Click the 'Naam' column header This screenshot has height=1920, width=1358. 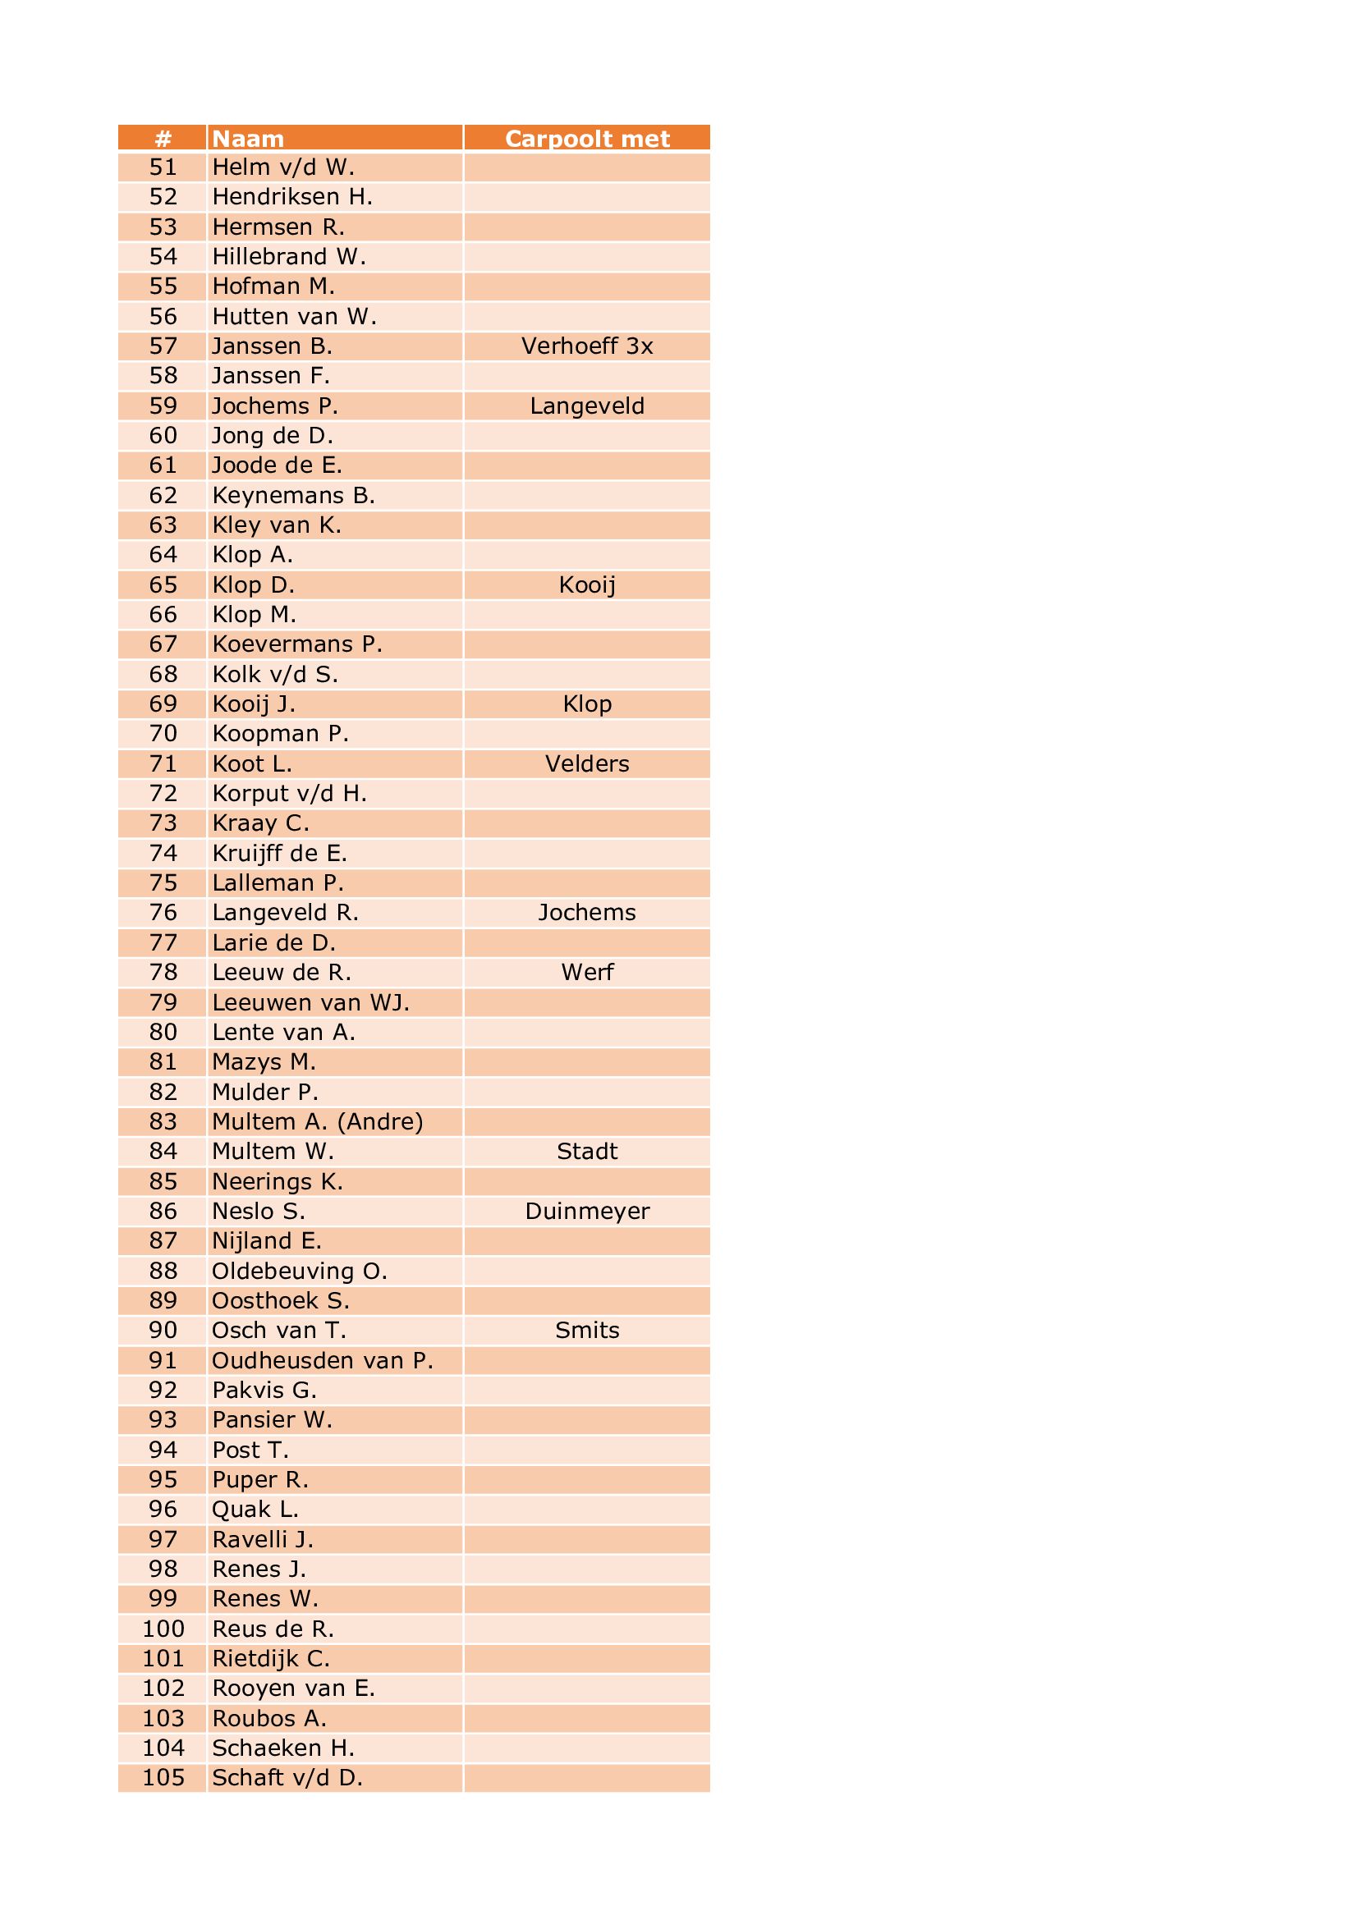click(248, 139)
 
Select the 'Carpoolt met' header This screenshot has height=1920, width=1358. click(587, 139)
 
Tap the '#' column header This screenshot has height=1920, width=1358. click(163, 139)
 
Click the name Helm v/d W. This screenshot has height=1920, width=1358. click(283, 167)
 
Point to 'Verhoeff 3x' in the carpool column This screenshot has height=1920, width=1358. click(587, 346)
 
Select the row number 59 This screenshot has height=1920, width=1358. click(163, 406)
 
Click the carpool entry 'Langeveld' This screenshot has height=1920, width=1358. click(587, 406)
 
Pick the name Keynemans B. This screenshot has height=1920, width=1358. click(293, 495)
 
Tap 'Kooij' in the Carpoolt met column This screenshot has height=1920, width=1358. click(587, 584)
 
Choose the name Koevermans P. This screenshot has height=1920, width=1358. click(297, 644)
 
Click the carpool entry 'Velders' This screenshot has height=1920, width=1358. click(587, 763)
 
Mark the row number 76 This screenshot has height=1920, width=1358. click(163, 912)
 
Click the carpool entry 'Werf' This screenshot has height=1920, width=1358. click(587, 972)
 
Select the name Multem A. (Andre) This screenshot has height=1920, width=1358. click(318, 1121)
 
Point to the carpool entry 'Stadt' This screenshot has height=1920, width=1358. click(587, 1152)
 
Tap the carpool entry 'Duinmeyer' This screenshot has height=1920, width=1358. click(587, 1211)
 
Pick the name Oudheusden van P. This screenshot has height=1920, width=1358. click(323, 1360)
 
